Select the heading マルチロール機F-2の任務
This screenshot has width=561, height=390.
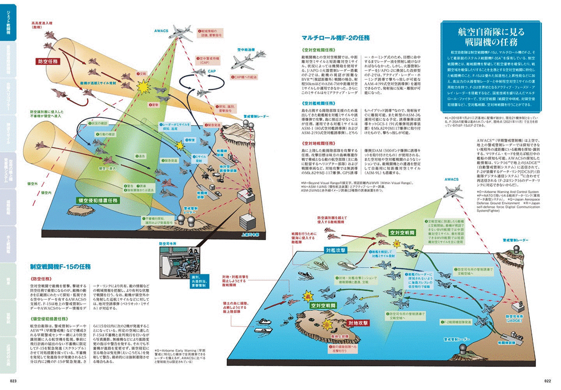tap(335, 38)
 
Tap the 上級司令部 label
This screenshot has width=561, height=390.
tap(251, 235)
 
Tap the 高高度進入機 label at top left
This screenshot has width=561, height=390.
tap(40, 22)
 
